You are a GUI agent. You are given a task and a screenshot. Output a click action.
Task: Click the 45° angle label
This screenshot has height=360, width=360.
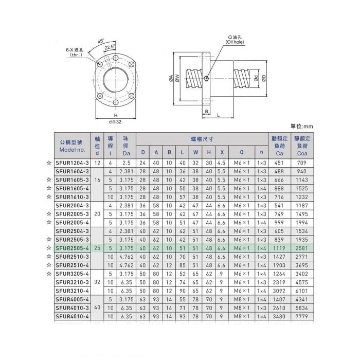(x=101, y=41)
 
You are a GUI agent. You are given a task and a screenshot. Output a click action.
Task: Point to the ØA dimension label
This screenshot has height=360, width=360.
(x=170, y=78)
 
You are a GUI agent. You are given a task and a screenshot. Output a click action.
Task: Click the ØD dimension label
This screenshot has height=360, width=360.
(x=263, y=78)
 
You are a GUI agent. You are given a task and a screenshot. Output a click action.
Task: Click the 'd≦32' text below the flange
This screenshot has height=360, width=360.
(x=116, y=121)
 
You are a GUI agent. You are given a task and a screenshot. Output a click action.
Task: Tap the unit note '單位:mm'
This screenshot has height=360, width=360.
(x=302, y=126)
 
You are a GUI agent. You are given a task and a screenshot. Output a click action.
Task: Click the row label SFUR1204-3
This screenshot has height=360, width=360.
(x=72, y=163)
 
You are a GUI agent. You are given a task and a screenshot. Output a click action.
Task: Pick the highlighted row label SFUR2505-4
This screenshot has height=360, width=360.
(x=72, y=248)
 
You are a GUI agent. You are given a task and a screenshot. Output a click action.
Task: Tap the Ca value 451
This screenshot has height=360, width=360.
(x=280, y=163)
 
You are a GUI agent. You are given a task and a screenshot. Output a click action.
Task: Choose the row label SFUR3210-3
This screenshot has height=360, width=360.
(x=72, y=282)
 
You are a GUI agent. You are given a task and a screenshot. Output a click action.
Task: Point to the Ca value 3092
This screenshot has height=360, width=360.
(x=280, y=291)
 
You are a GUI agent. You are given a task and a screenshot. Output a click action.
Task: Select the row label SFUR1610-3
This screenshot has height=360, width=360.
(x=72, y=196)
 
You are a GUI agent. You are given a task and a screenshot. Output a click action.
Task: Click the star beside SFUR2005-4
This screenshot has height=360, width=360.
(x=48, y=222)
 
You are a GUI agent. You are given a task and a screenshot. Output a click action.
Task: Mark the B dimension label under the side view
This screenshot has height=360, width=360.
(x=206, y=111)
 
